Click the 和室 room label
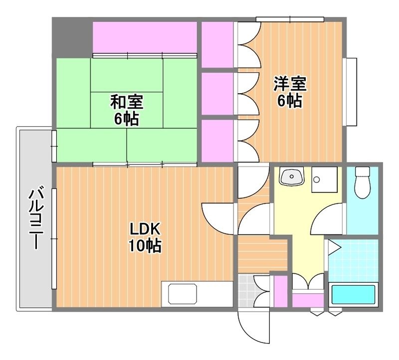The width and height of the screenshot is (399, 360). tap(127, 102)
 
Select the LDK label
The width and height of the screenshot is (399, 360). tap(145, 229)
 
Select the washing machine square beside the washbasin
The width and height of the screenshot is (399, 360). tap(324, 179)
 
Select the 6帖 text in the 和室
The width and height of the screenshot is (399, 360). tap(127, 119)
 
